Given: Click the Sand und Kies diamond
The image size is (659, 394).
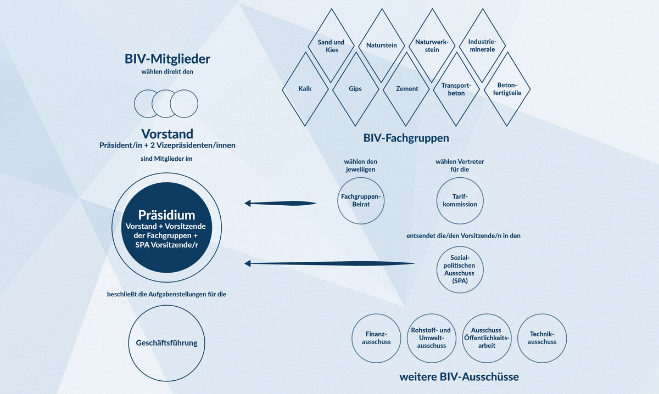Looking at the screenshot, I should pos(331,46).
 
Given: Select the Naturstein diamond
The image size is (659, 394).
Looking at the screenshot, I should pos(381,46).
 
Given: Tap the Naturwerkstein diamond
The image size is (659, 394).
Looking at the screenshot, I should pos(432,46).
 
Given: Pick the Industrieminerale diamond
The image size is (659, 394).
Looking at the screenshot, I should pos(482,46).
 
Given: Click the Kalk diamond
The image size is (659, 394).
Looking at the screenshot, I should pos(305,89).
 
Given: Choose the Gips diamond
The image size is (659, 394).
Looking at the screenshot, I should pos(355,89).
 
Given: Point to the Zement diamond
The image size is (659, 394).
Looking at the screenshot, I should pos(406,89).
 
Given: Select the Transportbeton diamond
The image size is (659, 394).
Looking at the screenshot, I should pos(456,89).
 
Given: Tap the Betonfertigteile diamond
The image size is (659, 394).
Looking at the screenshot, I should pos(507,89).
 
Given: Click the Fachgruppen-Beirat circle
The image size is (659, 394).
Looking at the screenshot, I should pos(361,200).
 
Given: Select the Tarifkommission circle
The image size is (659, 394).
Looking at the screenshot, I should pos(460,200).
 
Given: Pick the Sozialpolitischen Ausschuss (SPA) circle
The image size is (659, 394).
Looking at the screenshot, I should pos(460,269).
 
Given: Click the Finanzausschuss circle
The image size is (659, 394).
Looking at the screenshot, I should pos(376,338).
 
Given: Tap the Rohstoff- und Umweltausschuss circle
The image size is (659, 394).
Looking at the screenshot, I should pos(431,338).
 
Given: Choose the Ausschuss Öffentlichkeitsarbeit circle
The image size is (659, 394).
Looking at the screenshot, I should pos(487,338).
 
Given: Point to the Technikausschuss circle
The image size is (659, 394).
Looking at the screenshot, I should pos(542,338).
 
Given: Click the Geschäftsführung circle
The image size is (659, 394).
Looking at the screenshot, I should pos(166,344).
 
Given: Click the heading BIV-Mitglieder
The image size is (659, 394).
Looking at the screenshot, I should pos(167,59).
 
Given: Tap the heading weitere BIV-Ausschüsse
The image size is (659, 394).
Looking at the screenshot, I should pos(459,378).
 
